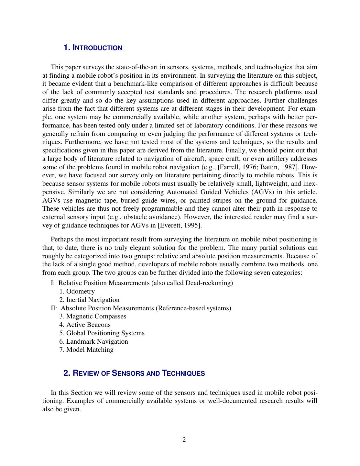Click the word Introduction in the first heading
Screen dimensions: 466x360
pos(97,48)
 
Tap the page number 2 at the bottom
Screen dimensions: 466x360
pos(184,439)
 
